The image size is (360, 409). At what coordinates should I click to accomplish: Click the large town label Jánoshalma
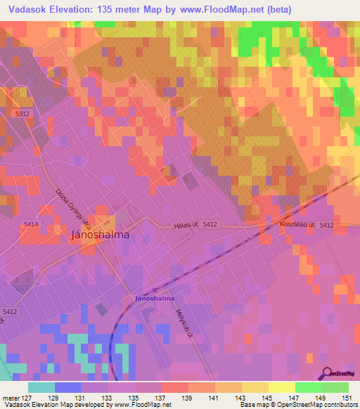click(101, 235)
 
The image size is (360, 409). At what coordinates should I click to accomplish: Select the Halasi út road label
click(186, 225)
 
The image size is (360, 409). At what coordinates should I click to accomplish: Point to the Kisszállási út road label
click(295, 225)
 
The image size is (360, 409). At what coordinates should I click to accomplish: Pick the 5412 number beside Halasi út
click(211, 225)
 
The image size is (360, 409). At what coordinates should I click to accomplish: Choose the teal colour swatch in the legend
click(41, 387)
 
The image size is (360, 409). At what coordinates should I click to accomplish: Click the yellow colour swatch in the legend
click(255, 387)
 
